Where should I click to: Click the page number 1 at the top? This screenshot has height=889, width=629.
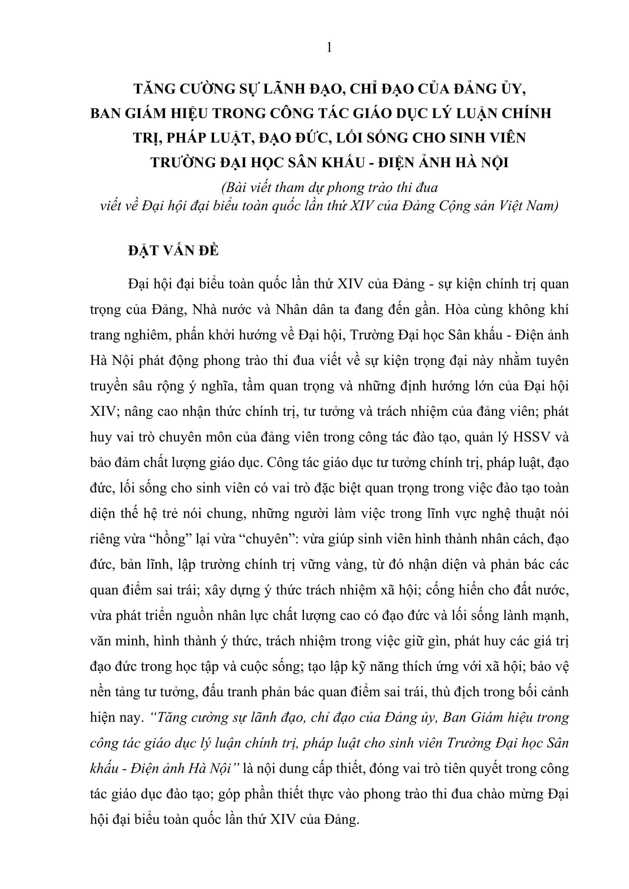pyautogui.click(x=329, y=48)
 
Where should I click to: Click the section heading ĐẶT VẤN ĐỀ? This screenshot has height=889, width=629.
pyautogui.click(x=173, y=251)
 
